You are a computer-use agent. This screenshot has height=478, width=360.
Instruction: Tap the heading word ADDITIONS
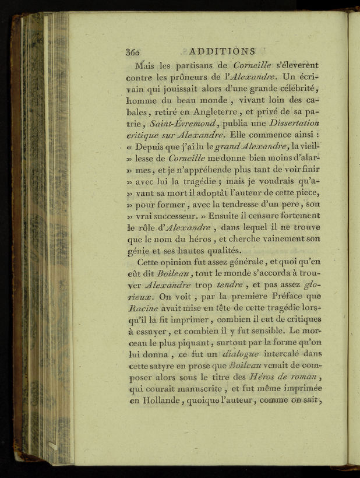[223, 51]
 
